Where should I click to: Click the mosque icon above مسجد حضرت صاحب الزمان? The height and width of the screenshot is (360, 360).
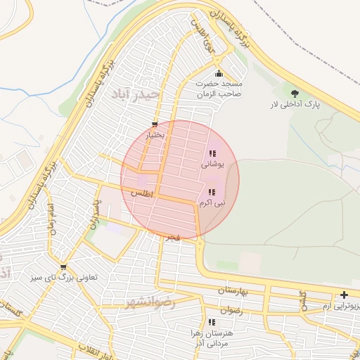[x=219, y=74]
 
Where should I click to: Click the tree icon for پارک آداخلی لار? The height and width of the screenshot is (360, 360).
[x=294, y=93]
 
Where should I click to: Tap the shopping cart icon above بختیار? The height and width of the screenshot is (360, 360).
[x=155, y=124]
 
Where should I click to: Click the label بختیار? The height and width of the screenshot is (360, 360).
[x=155, y=134]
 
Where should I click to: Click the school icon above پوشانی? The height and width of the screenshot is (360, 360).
[x=212, y=153]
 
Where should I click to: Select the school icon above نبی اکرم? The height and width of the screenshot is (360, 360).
[x=212, y=191]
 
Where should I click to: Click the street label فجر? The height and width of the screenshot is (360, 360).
[x=173, y=238]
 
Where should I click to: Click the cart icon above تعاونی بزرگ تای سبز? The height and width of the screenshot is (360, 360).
[x=64, y=267]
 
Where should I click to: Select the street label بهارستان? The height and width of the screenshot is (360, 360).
[x=234, y=290]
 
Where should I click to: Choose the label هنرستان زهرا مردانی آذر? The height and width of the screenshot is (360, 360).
[x=211, y=337]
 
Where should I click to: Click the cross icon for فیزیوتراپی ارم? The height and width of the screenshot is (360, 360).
[x=344, y=295]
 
